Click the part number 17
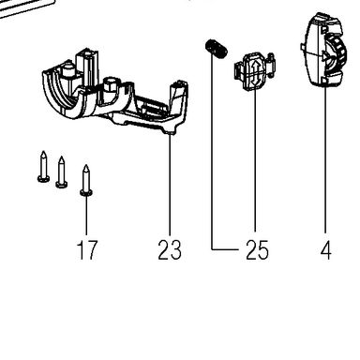click(87, 249)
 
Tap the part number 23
click(170, 249)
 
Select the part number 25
click(257, 249)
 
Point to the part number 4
click(325, 249)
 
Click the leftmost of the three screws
click(43, 167)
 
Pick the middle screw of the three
click(61, 172)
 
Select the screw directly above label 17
click(86, 180)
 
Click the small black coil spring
click(216, 48)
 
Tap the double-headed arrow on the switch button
click(255, 72)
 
